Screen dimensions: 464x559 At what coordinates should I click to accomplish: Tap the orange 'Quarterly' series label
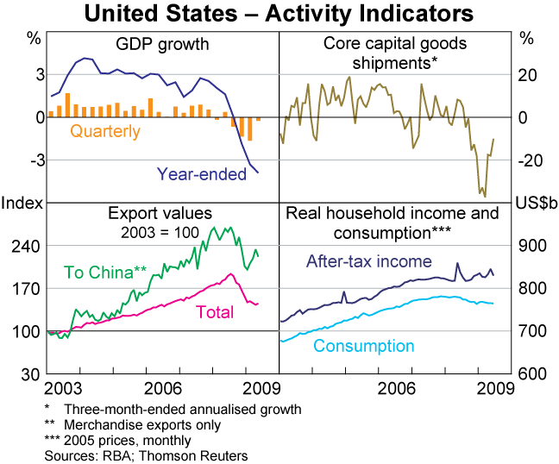105,132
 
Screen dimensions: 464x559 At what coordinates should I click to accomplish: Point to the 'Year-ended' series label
201,174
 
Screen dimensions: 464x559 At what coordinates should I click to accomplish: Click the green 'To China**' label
98,272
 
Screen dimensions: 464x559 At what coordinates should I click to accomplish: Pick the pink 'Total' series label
215,312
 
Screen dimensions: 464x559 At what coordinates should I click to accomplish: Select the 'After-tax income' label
369,261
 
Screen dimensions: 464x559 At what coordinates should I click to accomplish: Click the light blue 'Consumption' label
363,346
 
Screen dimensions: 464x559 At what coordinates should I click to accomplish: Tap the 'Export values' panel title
160,213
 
